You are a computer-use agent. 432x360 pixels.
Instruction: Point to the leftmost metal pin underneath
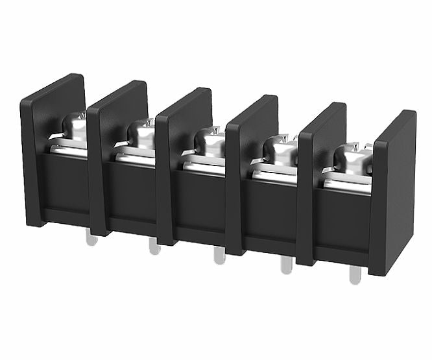(91, 239)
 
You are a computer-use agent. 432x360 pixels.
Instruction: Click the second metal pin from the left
(154, 246)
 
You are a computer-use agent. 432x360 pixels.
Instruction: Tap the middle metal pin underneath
(220, 255)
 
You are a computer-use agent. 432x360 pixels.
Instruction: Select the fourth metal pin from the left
(286, 265)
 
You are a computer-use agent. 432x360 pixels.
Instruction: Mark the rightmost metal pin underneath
(354, 275)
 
